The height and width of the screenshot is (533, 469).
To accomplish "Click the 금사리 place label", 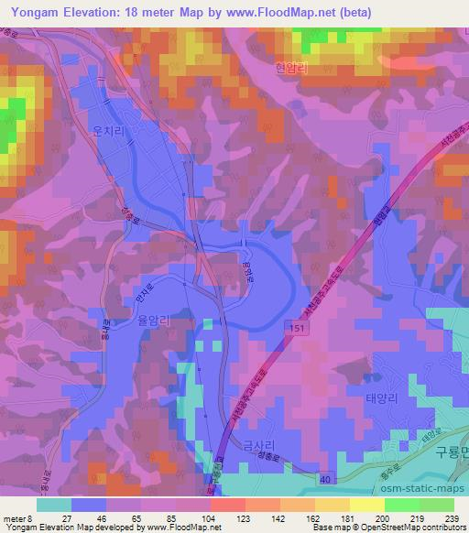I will click(x=259, y=446).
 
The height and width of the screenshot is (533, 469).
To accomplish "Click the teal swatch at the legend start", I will click(x=54, y=504).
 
